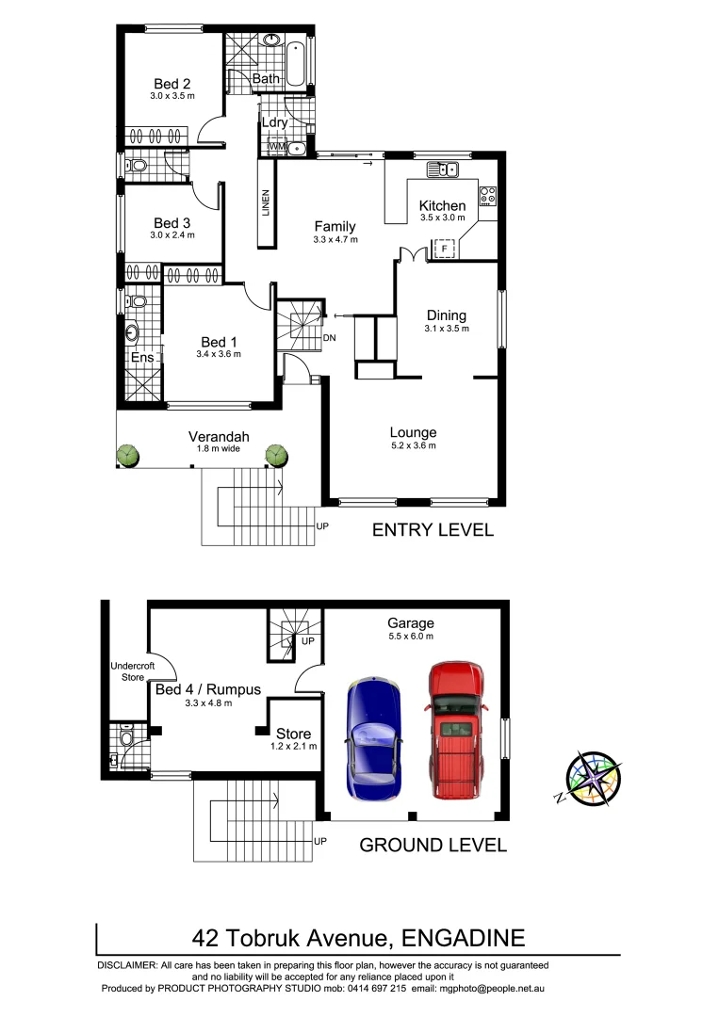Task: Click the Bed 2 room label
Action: click(x=172, y=84)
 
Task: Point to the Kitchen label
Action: click(x=442, y=206)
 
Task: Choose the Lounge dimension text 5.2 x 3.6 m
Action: click(x=413, y=446)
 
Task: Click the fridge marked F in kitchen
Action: click(x=445, y=249)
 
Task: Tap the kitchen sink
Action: click(x=442, y=169)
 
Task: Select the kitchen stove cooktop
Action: click(x=487, y=196)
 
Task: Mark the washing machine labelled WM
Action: click(x=277, y=147)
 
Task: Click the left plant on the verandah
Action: click(x=128, y=456)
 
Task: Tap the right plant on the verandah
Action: click(x=275, y=456)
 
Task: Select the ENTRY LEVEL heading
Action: click(x=433, y=529)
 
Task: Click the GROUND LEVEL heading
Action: click(x=433, y=845)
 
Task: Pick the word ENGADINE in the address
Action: click(x=463, y=938)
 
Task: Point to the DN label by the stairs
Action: click(x=329, y=337)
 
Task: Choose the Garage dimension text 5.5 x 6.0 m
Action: click(x=411, y=637)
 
